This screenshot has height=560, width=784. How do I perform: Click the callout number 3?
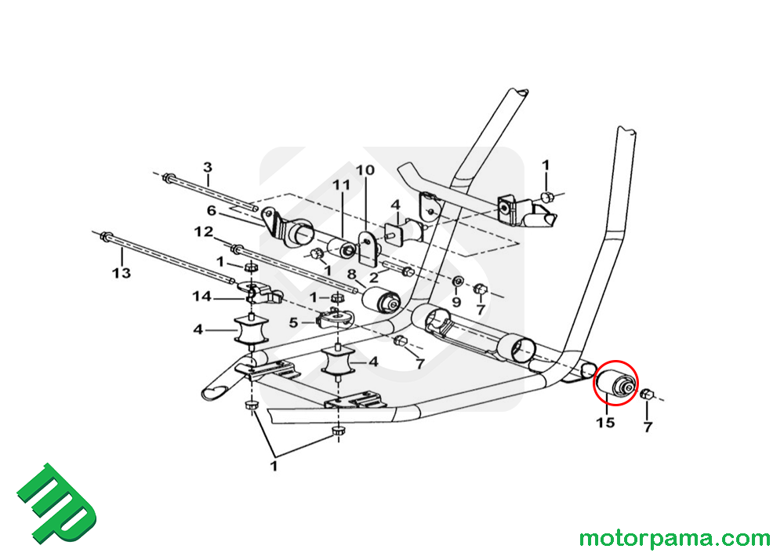[x=208, y=167]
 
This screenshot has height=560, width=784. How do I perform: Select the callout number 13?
[x=122, y=274]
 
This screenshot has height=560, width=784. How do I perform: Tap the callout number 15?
[x=605, y=424]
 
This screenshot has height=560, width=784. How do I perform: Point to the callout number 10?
[x=365, y=170]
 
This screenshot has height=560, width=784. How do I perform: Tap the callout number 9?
[x=457, y=300]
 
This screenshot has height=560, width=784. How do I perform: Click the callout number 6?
[x=212, y=210]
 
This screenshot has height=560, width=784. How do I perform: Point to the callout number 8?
[x=352, y=275]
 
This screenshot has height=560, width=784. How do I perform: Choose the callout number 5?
[x=294, y=322]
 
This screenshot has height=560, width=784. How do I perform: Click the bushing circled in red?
[x=616, y=383]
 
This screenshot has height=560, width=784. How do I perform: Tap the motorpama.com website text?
[x=674, y=539]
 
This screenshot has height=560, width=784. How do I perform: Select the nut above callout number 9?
[x=458, y=282]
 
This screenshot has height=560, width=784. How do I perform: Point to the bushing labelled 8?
[x=385, y=300]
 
